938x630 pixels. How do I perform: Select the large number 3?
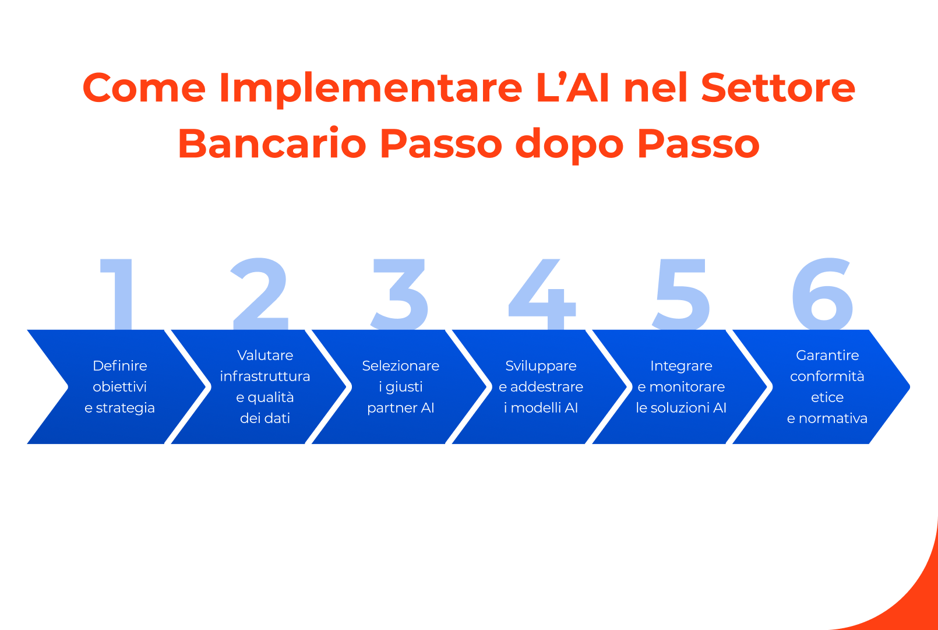(401, 294)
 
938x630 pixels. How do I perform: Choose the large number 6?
(823, 294)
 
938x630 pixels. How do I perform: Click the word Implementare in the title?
(371, 89)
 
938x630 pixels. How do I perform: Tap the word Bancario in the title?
(271, 144)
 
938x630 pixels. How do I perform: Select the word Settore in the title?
(778, 89)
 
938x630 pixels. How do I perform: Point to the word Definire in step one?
(120, 366)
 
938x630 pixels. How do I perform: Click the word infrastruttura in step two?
(265, 376)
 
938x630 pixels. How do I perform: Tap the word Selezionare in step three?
(401, 366)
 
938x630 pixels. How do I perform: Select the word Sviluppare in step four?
(541, 366)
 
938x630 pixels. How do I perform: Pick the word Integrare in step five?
(681, 366)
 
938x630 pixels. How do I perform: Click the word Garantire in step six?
(827, 356)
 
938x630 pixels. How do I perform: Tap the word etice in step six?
(827, 397)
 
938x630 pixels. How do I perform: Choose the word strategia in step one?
(125, 408)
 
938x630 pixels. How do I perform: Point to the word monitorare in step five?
(687, 387)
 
